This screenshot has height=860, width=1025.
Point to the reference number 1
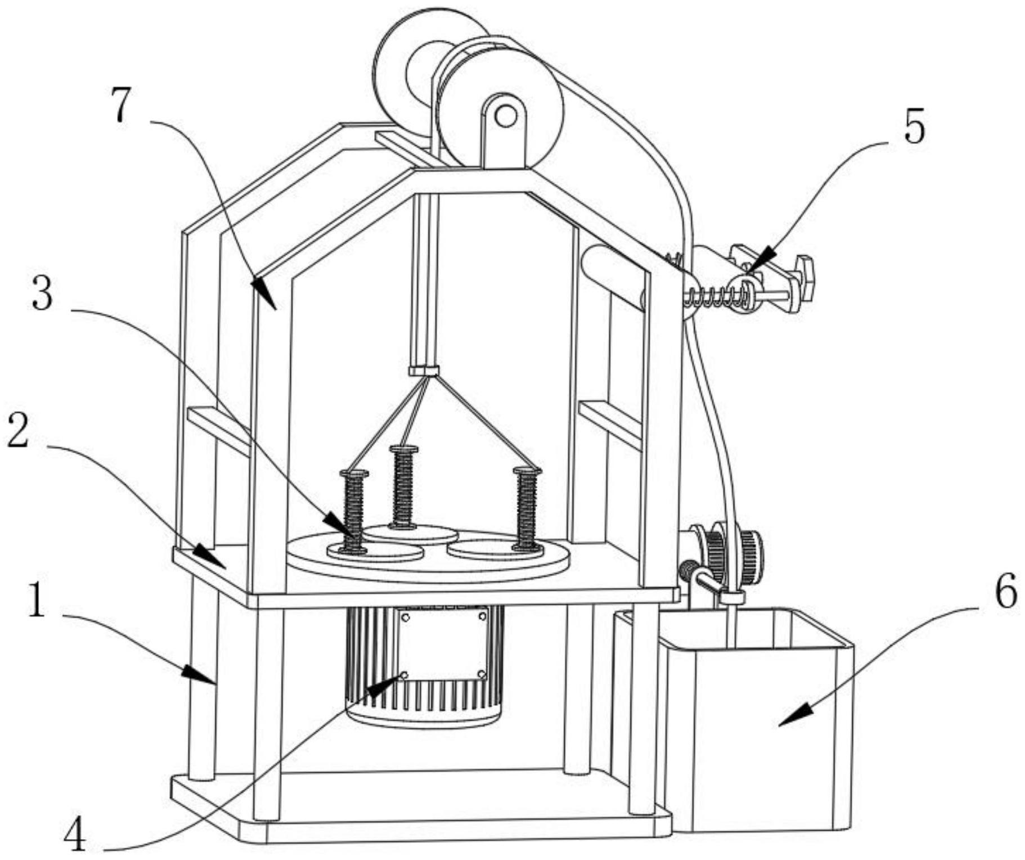coord(36,602)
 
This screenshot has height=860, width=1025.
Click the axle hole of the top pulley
coord(506,117)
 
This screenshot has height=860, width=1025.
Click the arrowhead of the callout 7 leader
coord(263,292)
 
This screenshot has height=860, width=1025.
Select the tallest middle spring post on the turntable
coord(403,487)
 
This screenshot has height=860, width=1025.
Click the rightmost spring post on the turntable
coord(527,508)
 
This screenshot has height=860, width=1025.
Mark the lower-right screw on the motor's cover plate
coord(482,674)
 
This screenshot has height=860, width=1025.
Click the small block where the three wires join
coord(424,371)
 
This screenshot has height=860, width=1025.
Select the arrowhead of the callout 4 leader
coord(385,686)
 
